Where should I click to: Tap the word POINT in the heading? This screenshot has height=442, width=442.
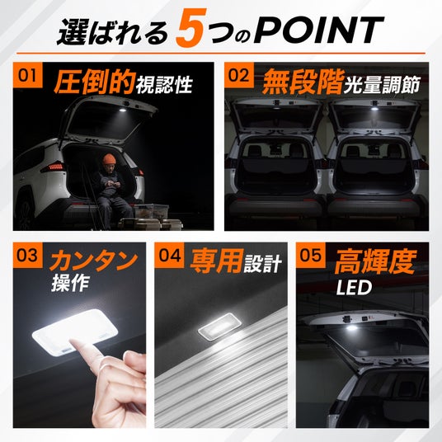point(318,31)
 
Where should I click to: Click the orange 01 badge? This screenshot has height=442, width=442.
point(27,75)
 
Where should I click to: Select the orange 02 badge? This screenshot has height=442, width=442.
point(239,75)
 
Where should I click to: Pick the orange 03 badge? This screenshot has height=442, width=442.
point(27,255)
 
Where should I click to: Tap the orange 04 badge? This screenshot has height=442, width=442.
point(169,255)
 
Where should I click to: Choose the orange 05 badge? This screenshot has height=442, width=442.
point(310,255)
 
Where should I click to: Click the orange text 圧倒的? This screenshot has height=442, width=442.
point(94,82)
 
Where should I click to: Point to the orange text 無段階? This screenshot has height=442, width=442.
point(302,82)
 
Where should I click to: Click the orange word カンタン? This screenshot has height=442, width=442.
point(93,261)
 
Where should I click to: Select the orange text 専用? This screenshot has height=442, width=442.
point(216,261)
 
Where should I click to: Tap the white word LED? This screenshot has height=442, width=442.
point(354,288)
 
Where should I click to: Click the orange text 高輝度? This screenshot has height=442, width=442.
point(375,262)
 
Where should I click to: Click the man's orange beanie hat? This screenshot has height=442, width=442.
point(110,160)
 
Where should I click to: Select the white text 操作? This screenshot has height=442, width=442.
point(70,283)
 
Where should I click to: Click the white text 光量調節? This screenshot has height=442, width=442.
point(382,84)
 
